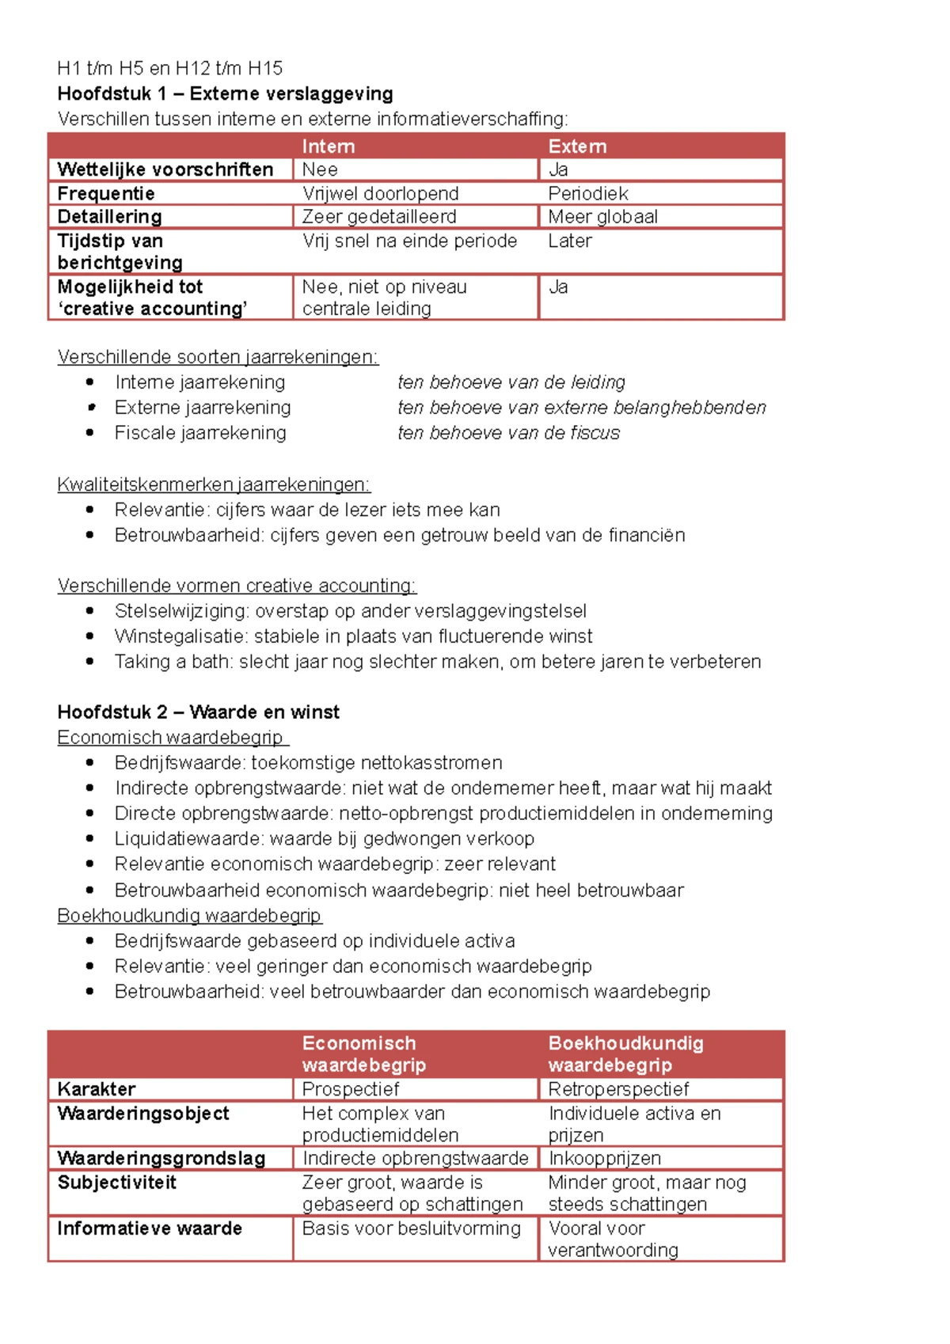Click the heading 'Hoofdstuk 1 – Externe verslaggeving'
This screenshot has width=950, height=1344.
[x=225, y=93]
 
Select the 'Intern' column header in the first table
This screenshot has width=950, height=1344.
[x=328, y=146]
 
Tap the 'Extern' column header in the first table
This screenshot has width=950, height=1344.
[x=577, y=146]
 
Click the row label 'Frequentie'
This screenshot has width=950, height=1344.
[x=106, y=193]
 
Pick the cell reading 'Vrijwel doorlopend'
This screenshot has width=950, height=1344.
[x=380, y=193]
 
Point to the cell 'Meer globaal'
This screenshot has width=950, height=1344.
[x=602, y=217]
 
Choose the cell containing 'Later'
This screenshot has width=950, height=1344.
[x=570, y=241]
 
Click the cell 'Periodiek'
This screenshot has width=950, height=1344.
[x=588, y=193]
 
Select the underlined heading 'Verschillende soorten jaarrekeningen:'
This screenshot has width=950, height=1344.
[x=218, y=357]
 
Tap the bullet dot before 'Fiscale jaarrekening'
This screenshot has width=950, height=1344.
[x=90, y=432]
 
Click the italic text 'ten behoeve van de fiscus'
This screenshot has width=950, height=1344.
[x=508, y=433]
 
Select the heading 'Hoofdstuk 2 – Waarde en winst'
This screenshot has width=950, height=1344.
[x=198, y=712]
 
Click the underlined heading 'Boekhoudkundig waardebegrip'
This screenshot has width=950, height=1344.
[x=189, y=916]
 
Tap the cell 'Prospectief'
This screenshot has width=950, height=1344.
[x=351, y=1089]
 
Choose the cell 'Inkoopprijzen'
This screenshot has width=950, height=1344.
[x=605, y=1158]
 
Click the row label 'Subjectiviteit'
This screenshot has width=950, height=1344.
[x=117, y=1183]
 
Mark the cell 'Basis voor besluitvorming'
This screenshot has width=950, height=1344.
[x=412, y=1228]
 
